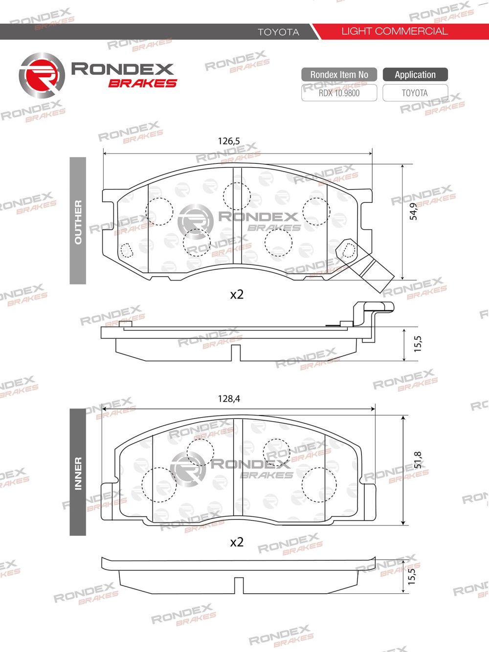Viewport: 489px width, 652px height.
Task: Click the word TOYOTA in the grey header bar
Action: coord(278,32)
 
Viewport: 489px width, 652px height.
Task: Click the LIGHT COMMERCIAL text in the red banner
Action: coord(394,31)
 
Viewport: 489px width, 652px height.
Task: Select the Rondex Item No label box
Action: coord(339,75)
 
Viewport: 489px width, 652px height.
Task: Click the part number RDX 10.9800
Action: coord(339,93)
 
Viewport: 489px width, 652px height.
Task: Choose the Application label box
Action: coord(415,75)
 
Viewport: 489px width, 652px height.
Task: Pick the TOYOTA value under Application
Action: coord(415,93)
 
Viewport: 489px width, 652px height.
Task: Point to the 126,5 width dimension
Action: coord(229,141)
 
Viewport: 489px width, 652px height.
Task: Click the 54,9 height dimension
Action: coord(414,211)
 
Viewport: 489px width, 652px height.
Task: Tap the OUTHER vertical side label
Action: coord(78,221)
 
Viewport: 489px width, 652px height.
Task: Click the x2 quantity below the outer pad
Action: coord(237,295)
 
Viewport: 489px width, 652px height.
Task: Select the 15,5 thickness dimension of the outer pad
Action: coord(417,344)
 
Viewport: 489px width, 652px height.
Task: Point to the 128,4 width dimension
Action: coord(229,399)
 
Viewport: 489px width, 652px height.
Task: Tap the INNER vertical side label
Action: coord(78,473)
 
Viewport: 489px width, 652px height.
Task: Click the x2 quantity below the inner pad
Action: coord(237,542)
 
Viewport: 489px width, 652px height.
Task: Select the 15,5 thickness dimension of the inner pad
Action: coord(412,574)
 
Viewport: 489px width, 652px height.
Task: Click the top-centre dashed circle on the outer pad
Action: coord(237,196)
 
